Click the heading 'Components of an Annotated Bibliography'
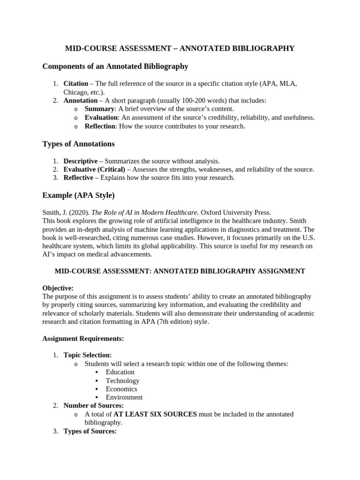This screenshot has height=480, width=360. pyautogui.click(x=115, y=67)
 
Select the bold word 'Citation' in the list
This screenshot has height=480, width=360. pyautogui.click(x=75, y=83)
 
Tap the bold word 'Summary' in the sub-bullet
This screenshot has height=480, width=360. pyautogui.click(x=99, y=109)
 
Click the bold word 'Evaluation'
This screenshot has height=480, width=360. pyautogui.click(x=101, y=117)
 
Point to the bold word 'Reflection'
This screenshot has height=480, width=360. pyautogui.click(x=100, y=126)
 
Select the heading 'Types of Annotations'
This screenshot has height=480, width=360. pyautogui.click(x=78, y=143)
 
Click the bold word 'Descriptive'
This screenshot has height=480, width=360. pyautogui.click(x=81, y=161)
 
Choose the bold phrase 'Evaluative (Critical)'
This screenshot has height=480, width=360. pyautogui.click(x=94, y=169)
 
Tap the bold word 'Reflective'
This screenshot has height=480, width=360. pyautogui.click(x=79, y=178)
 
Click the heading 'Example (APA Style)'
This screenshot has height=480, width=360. pyautogui.click(x=78, y=195)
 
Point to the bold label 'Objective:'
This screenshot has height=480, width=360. pyautogui.click(x=58, y=288)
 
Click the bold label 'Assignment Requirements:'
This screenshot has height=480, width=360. pyautogui.click(x=83, y=338)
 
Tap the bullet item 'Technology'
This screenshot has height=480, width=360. pyautogui.click(x=122, y=381)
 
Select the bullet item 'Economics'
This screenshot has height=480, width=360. pyautogui.click(x=121, y=389)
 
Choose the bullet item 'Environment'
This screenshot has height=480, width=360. pyautogui.click(x=124, y=397)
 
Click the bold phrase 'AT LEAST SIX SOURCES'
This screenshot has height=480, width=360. pyautogui.click(x=155, y=414)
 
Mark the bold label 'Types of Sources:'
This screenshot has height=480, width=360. pyautogui.click(x=90, y=431)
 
